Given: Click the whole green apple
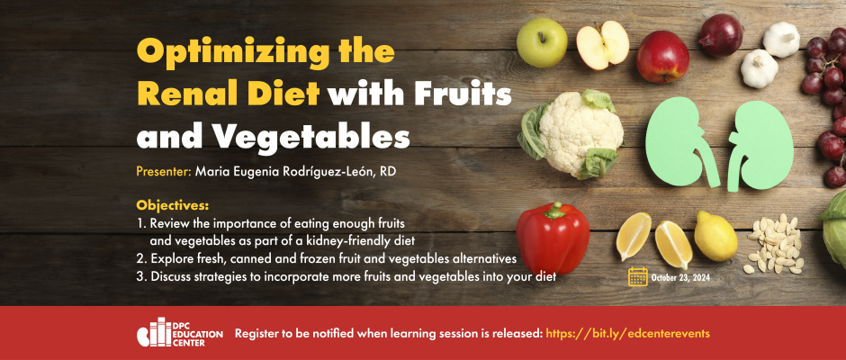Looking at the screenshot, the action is point(542,42).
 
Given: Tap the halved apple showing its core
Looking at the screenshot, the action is point(602,45).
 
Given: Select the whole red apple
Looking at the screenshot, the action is point(662,57).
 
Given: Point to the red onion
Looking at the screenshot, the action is point(721,35).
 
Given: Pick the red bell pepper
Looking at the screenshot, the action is point(553,238).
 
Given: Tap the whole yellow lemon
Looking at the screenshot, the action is point(715,237).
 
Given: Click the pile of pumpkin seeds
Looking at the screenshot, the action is point(773,243).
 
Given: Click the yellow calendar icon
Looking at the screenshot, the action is point(638,276).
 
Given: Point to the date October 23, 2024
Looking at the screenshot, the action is point(680,278).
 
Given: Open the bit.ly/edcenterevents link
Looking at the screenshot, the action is point(628,334).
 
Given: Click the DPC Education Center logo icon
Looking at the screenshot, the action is point(154,332).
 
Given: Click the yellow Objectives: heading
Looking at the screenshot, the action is point(172,205).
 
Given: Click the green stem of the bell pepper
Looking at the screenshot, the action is point(554,210).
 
